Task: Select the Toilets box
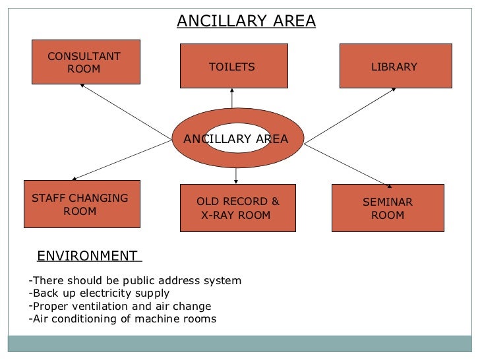[233, 66]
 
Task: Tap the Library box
[396, 66]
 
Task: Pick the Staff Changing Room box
[82, 204]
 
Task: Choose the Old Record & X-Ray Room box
[238, 208]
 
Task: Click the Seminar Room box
[388, 208]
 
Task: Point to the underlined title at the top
[246, 22]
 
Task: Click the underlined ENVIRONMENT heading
[87, 256]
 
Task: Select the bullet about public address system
[136, 281]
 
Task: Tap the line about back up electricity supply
[100, 293]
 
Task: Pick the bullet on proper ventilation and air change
[121, 307]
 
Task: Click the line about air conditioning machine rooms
[123, 320]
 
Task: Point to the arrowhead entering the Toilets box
[232, 91]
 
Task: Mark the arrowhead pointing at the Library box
[392, 90]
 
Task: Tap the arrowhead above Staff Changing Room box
[75, 178]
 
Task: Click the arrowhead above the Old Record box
[236, 182]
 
